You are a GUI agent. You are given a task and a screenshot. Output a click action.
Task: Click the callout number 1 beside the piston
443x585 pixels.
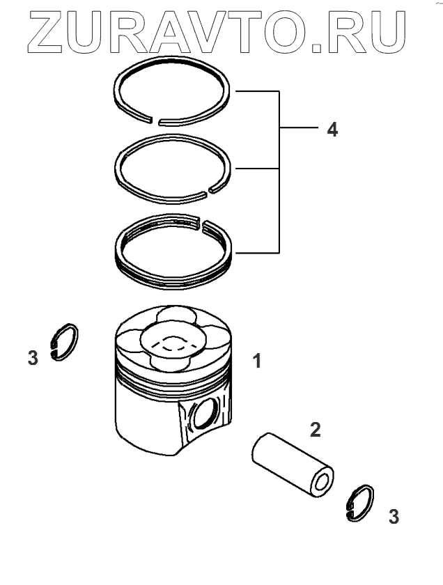coord(256,361)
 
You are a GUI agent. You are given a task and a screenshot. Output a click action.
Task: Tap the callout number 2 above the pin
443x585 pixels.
coord(315,430)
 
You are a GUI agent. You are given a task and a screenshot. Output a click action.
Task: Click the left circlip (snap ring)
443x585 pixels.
coord(66,342)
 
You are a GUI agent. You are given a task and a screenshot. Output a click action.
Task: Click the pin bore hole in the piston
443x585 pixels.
coord(203,416)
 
